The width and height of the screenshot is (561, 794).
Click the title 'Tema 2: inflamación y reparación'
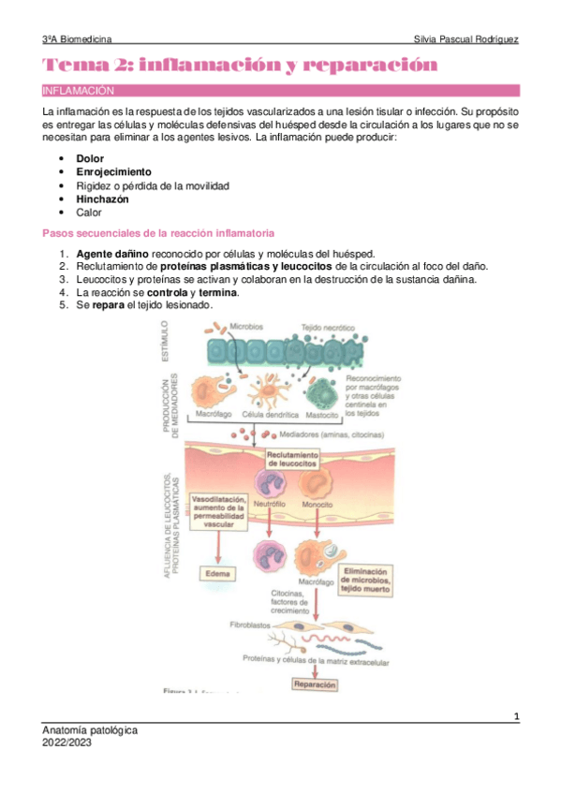pos(239,66)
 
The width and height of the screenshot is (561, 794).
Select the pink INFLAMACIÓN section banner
pos(280,91)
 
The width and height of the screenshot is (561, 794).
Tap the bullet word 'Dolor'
pos(91,159)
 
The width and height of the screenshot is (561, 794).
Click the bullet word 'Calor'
pos(90,213)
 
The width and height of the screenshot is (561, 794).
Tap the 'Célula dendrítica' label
pos(271,413)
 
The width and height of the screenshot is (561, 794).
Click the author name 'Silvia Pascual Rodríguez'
pos(465,40)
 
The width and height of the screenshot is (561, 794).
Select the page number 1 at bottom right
pos(517,717)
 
